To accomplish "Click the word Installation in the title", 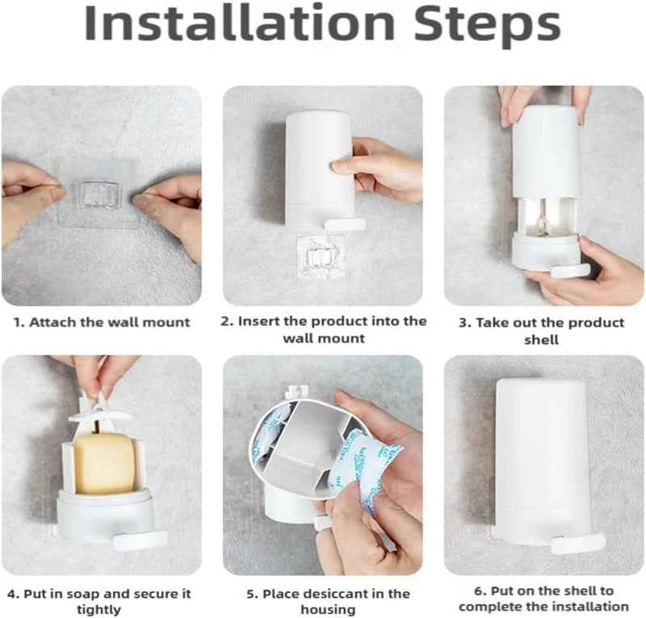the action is tap(239, 23).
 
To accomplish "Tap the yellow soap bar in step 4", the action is tap(105, 463).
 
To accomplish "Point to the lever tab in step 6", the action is tap(577, 544).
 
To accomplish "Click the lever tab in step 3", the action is tap(570, 270).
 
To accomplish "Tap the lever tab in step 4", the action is tap(140, 540).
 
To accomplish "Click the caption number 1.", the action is tap(18, 322).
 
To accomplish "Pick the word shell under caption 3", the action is tap(541, 340).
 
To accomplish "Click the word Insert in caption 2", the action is tap(258, 321).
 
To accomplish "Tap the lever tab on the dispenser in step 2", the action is tap(345, 224).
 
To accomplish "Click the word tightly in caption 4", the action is tap(99, 610).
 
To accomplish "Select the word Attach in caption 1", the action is tap(52, 322).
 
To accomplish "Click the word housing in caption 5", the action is tap(328, 610).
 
